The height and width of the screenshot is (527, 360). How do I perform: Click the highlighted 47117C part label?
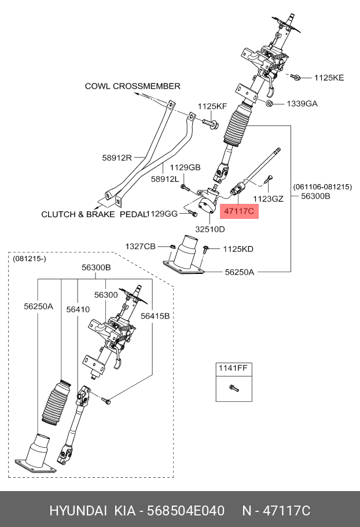click(238, 211)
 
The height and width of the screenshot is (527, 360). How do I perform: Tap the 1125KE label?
click(328, 77)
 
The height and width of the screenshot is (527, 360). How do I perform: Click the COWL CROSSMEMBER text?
click(133, 86)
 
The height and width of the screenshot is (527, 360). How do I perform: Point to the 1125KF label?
click(212, 106)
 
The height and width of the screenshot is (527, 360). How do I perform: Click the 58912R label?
click(117, 157)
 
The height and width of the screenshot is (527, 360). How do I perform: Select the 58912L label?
click(165, 180)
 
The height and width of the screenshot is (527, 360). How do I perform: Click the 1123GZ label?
click(269, 199)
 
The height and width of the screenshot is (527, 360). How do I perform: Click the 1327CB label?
click(140, 247)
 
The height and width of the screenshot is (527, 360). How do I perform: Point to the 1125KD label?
click(238, 249)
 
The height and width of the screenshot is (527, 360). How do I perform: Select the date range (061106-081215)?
click(322, 186)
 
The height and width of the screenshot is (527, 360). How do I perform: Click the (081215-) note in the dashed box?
click(29, 258)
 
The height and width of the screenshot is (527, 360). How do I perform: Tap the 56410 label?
click(78, 309)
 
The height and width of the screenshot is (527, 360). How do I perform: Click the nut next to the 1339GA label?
click(270, 103)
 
